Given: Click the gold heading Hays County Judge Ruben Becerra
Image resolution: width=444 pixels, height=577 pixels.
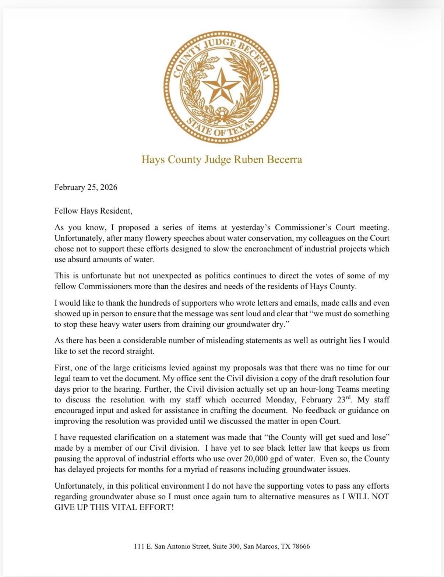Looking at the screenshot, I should click(x=222, y=159).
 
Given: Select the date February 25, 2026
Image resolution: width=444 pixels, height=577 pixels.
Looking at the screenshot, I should click(x=86, y=187).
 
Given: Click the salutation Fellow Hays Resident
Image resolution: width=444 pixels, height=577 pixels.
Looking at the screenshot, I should click(x=93, y=211).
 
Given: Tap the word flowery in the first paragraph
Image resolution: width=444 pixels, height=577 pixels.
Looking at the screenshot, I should click(x=148, y=238).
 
